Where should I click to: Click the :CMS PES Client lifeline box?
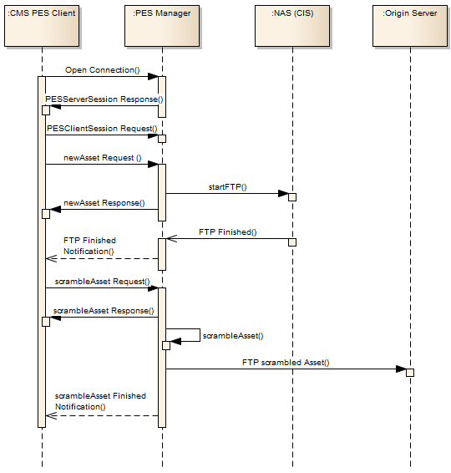[42, 26]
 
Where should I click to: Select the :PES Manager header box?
[162, 26]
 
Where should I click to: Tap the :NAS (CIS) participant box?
[292, 26]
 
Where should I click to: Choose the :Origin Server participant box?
[410, 26]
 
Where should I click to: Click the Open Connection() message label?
[103, 70]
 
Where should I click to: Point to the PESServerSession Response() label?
[104, 99]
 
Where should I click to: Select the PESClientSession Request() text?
[102, 129]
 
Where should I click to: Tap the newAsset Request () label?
[103, 158]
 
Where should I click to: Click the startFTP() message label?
[228, 187]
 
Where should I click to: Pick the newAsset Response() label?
[104, 203]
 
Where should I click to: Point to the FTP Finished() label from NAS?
[228, 232]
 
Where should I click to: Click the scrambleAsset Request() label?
[102, 282]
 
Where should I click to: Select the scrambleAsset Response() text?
[104, 311]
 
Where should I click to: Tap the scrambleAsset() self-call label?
[233, 336]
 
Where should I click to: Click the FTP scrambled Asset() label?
[286, 363]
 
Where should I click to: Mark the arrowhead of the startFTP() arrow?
[283, 193]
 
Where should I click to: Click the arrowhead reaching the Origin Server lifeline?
[401, 369]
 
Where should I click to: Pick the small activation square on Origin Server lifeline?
[410, 373]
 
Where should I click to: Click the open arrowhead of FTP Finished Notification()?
[51, 258]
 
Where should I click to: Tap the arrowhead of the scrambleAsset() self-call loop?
[175, 342]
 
